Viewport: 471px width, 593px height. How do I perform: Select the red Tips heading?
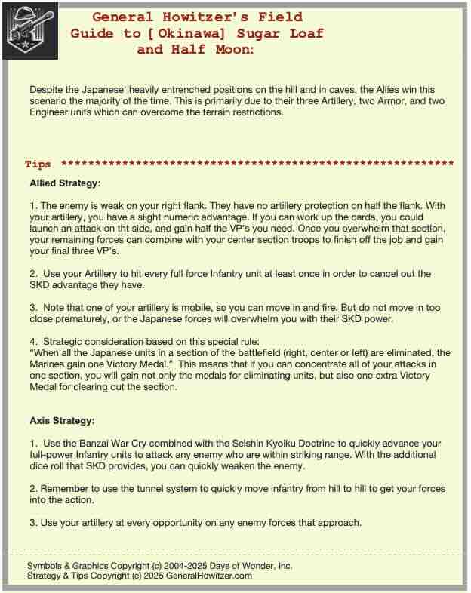coord(38,164)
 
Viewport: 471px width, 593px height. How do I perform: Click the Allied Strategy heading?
coord(65,183)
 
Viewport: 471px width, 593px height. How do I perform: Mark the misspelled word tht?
coord(168,229)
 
